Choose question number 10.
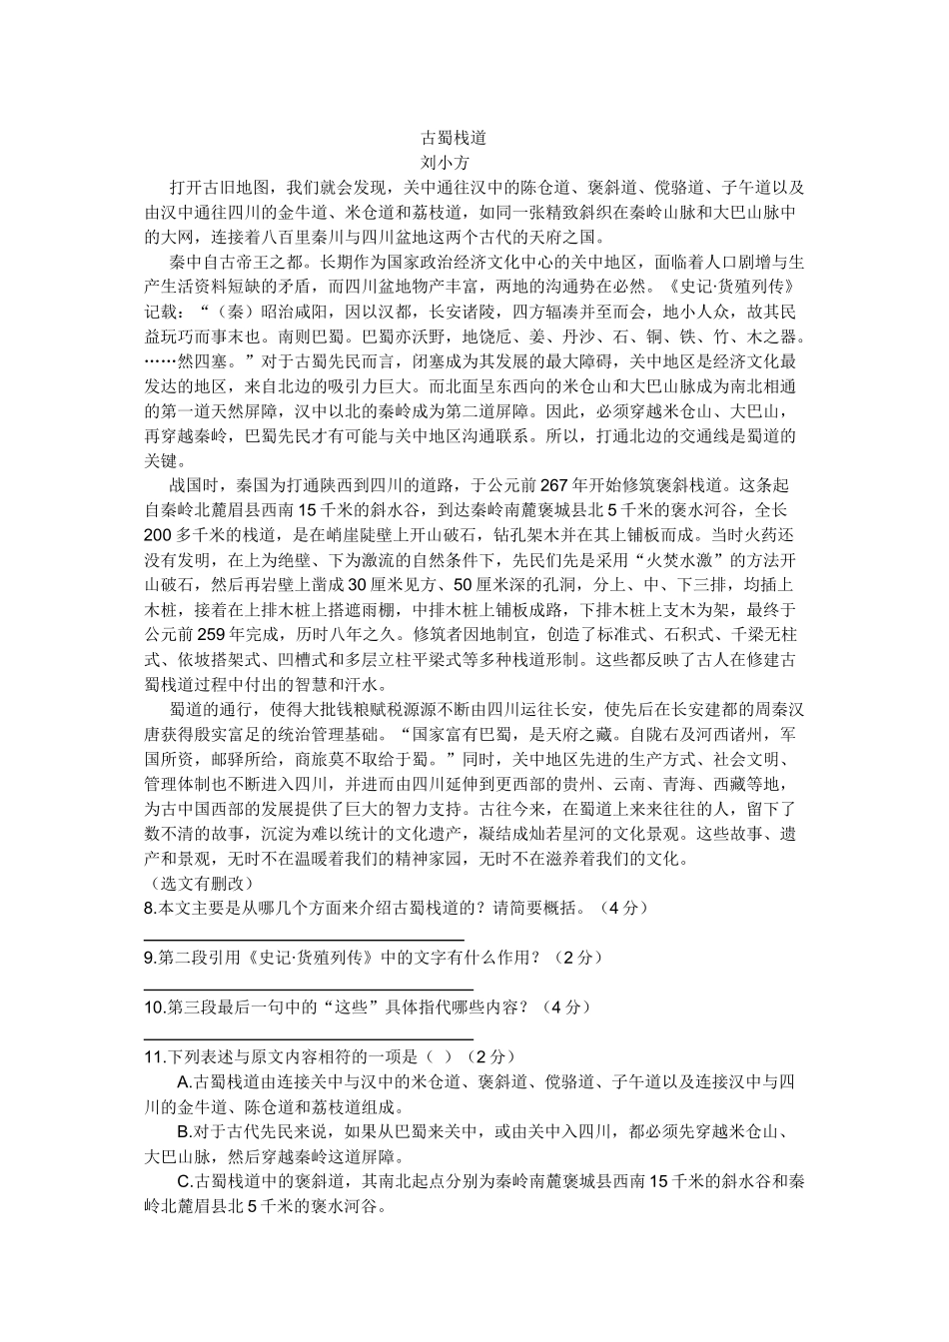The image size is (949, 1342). (x=156, y=1006)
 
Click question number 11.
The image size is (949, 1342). (x=155, y=1056)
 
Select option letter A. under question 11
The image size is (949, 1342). (x=184, y=1082)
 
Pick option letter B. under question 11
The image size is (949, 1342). (x=184, y=1132)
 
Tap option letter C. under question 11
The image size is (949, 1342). (x=184, y=1181)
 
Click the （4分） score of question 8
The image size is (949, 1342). (x=625, y=908)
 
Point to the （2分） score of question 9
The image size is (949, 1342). (x=581, y=958)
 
